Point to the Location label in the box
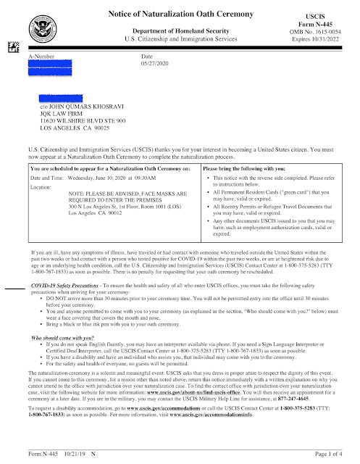[41, 188]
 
